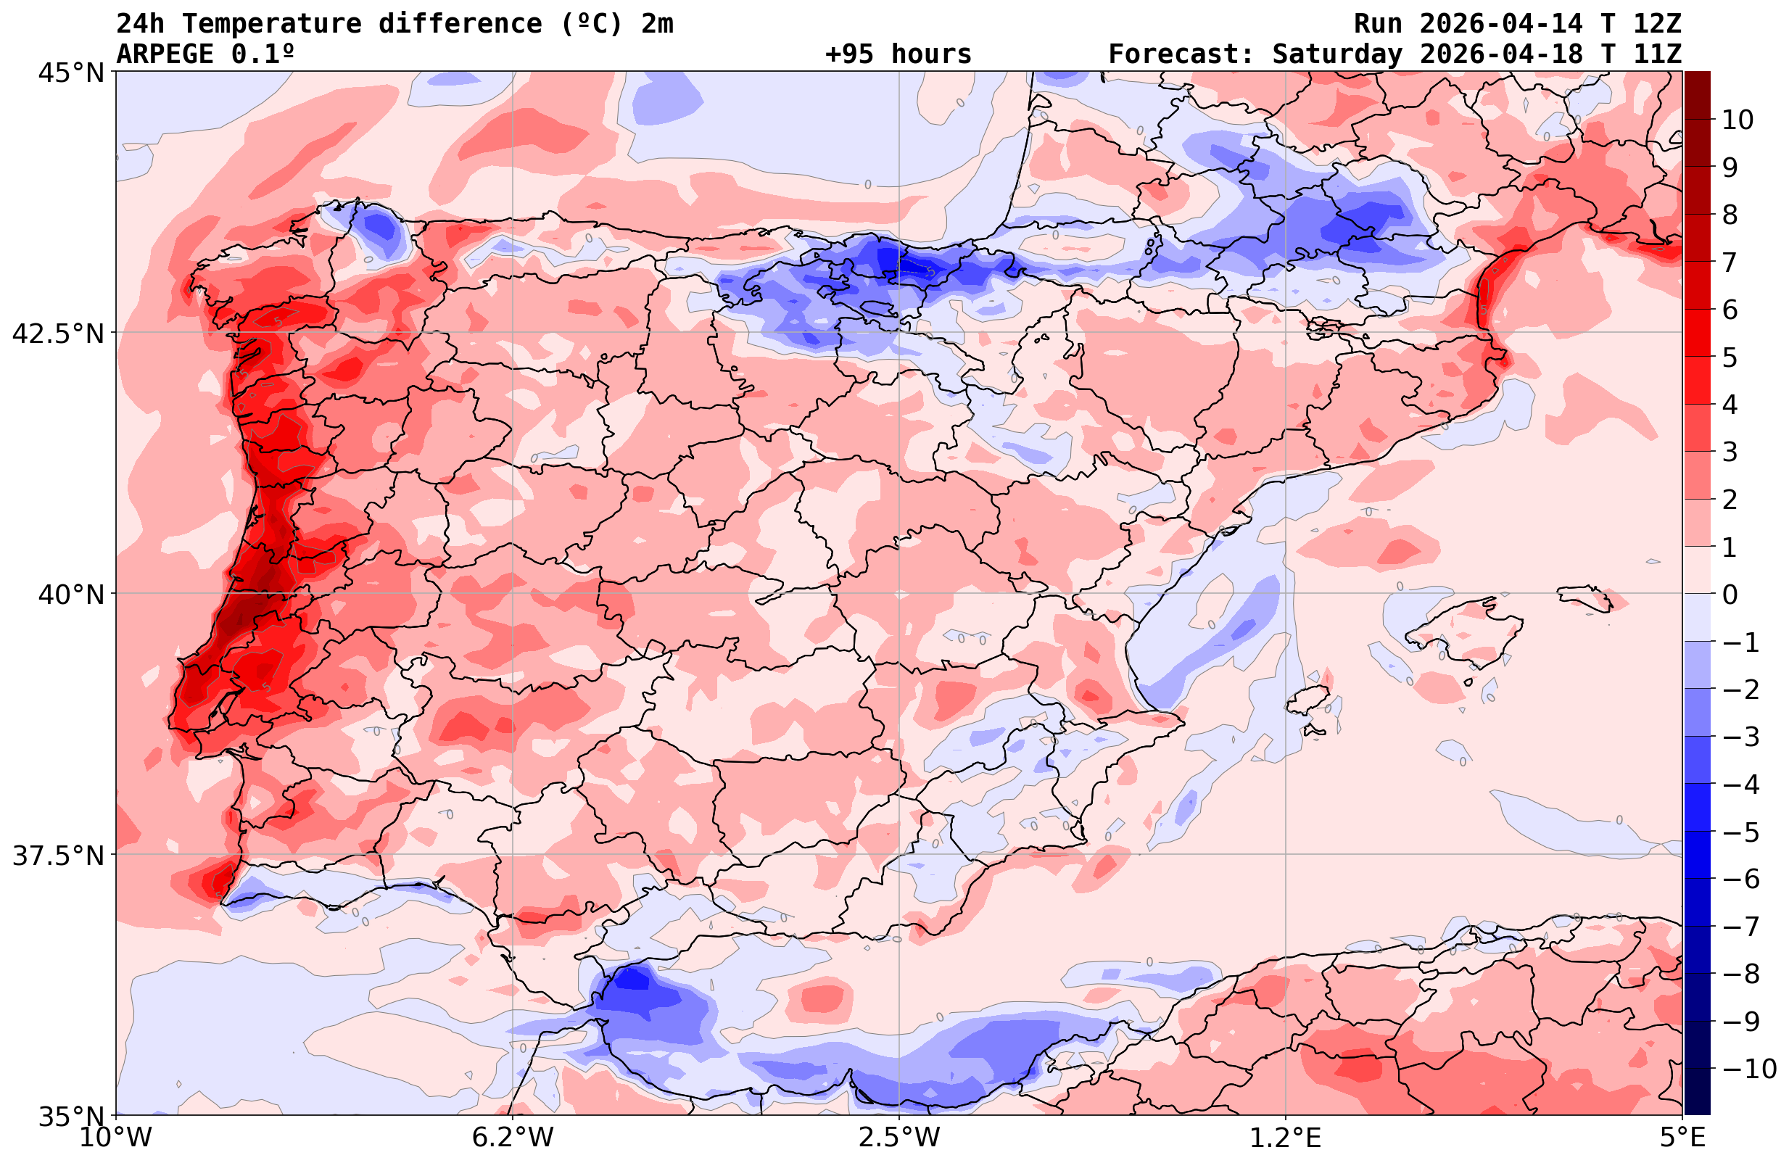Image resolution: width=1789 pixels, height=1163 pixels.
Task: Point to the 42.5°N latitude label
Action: [x=59, y=333]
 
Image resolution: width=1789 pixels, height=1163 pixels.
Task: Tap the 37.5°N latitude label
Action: [x=59, y=856]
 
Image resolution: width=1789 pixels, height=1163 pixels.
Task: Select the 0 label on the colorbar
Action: [x=1730, y=595]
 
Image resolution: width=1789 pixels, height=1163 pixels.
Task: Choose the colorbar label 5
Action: [x=1730, y=357]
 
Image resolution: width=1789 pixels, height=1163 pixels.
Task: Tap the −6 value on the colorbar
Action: [x=1741, y=879]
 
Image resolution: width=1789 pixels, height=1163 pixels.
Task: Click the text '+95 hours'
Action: [x=898, y=54]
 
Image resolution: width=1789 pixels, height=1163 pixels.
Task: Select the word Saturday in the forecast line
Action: [x=1337, y=54]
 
